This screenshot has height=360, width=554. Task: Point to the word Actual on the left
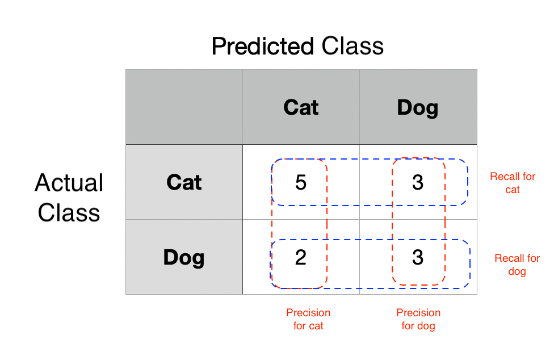pyautogui.click(x=69, y=183)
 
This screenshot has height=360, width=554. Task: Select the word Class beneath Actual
pyautogui.click(x=69, y=212)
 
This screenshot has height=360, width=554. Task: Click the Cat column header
pyautogui.click(x=301, y=107)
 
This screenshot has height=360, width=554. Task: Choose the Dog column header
pyautogui.click(x=418, y=107)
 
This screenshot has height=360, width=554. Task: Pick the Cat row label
pyautogui.click(x=184, y=182)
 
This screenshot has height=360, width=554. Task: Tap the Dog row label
pyautogui.click(x=184, y=257)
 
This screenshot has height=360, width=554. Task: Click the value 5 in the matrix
pyautogui.click(x=301, y=182)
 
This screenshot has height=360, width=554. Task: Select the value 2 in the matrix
pyautogui.click(x=301, y=257)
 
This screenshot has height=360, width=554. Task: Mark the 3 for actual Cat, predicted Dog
pyautogui.click(x=418, y=182)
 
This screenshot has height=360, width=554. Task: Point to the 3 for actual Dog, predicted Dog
pyautogui.click(x=418, y=257)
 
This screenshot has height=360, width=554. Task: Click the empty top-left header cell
pyautogui.click(x=184, y=107)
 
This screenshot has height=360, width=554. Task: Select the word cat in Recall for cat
pyautogui.click(x=513, y=190)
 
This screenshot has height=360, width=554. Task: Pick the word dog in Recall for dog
pyautogui.click(x=517, y=271)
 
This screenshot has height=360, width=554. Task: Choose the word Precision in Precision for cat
pyautogui.click(x=308, y=313)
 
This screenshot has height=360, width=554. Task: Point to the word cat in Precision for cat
pyautogui.click(x=316, y=326)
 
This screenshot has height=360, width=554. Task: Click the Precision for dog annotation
pyautogui.click(x=418, y=319)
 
